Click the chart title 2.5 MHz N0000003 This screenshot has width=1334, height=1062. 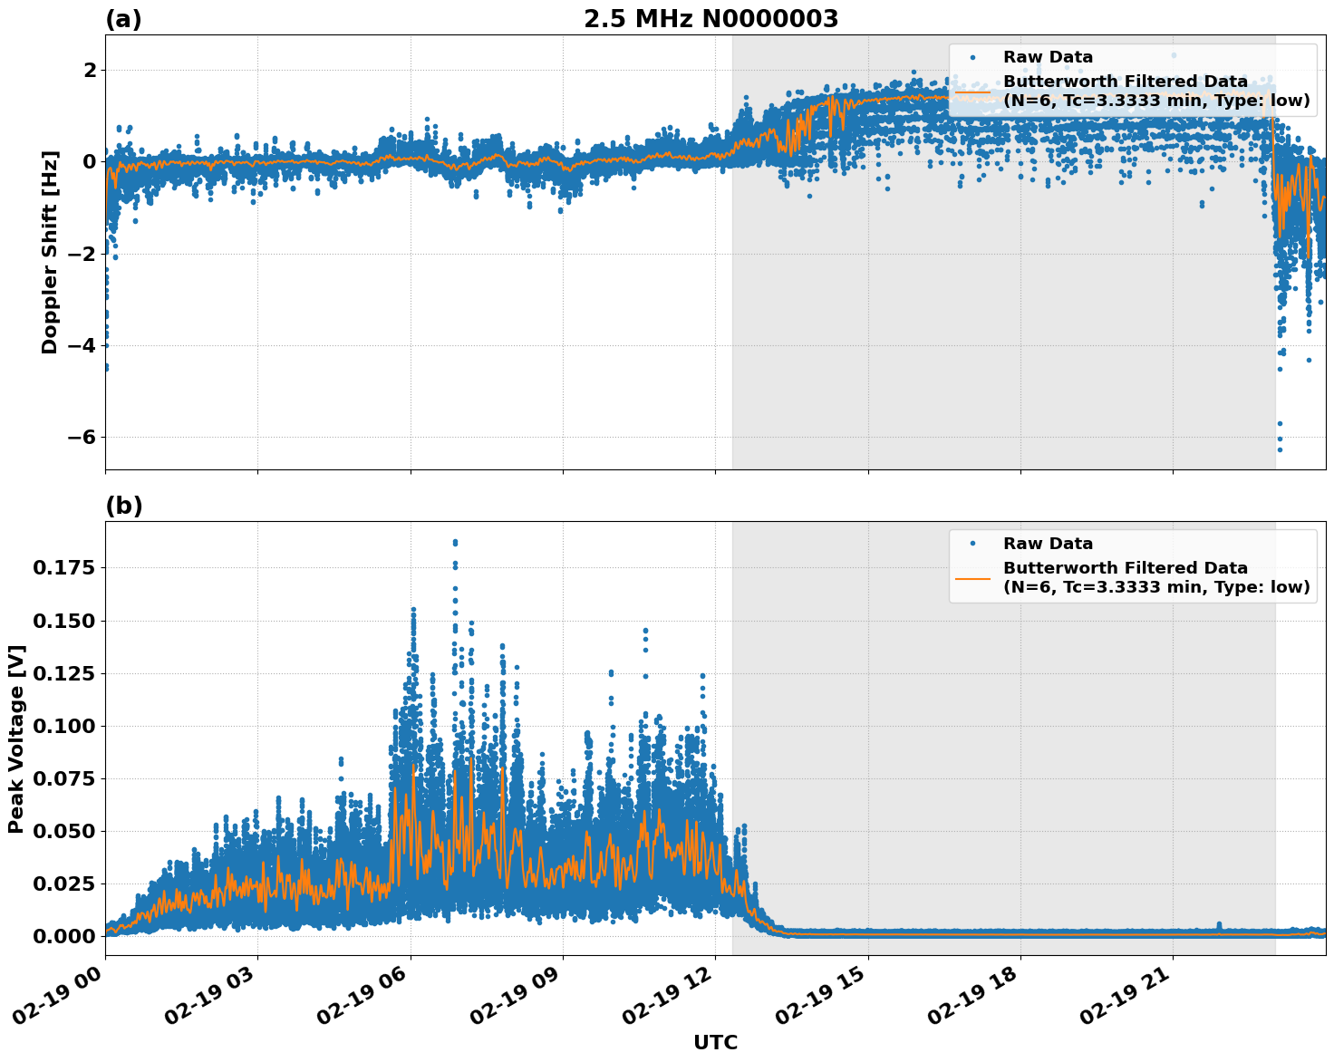coord(710,19)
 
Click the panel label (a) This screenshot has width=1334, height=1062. coord(123,19)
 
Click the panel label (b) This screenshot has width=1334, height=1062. coord(123,506)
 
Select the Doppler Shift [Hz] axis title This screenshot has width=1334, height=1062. coord(50,252)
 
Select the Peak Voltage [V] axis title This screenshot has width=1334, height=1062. coord(16,739)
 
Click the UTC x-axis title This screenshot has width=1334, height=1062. coord(715,1042)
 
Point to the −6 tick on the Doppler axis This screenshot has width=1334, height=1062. coord(76,438)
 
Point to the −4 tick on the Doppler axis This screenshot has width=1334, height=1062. coord(76,346)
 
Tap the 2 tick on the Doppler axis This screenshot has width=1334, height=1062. coord(90,71)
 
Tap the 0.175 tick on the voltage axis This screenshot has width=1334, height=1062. coord(63,568)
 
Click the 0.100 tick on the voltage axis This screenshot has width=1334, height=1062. coord(63,726)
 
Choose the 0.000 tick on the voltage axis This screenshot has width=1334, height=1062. coord(63,936)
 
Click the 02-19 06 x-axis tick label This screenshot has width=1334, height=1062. coord(362,994)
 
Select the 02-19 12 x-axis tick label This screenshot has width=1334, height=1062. coord(668,994)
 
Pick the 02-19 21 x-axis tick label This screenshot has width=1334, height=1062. coord(1126,994)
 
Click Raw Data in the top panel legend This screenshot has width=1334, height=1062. coord(1048,57)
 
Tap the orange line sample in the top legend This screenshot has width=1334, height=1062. coord(972,91)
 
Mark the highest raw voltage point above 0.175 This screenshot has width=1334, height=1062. coord(455,542)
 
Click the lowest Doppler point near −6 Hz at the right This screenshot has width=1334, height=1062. coord(1280,449)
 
